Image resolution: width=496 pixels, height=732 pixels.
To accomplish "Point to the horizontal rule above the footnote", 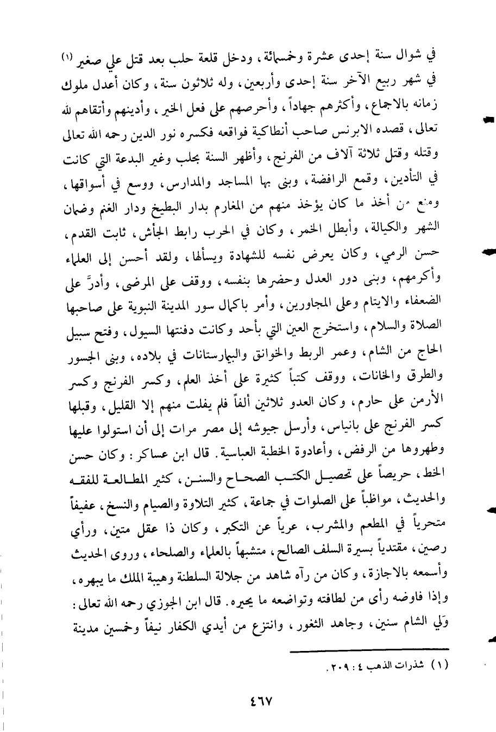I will (369, 649).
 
